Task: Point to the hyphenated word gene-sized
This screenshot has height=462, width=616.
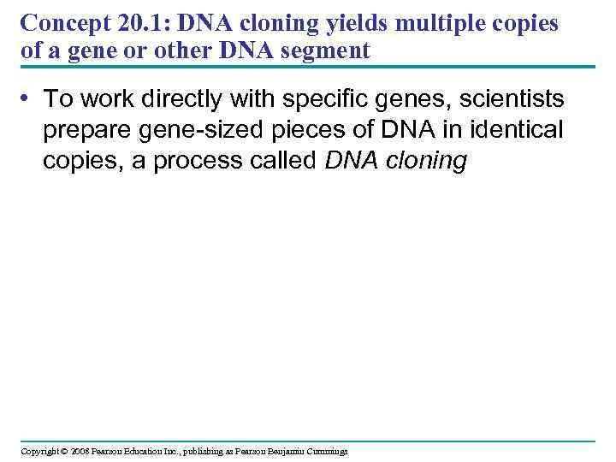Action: coord(190,131)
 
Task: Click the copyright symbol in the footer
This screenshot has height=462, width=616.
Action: coord(63,451)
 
